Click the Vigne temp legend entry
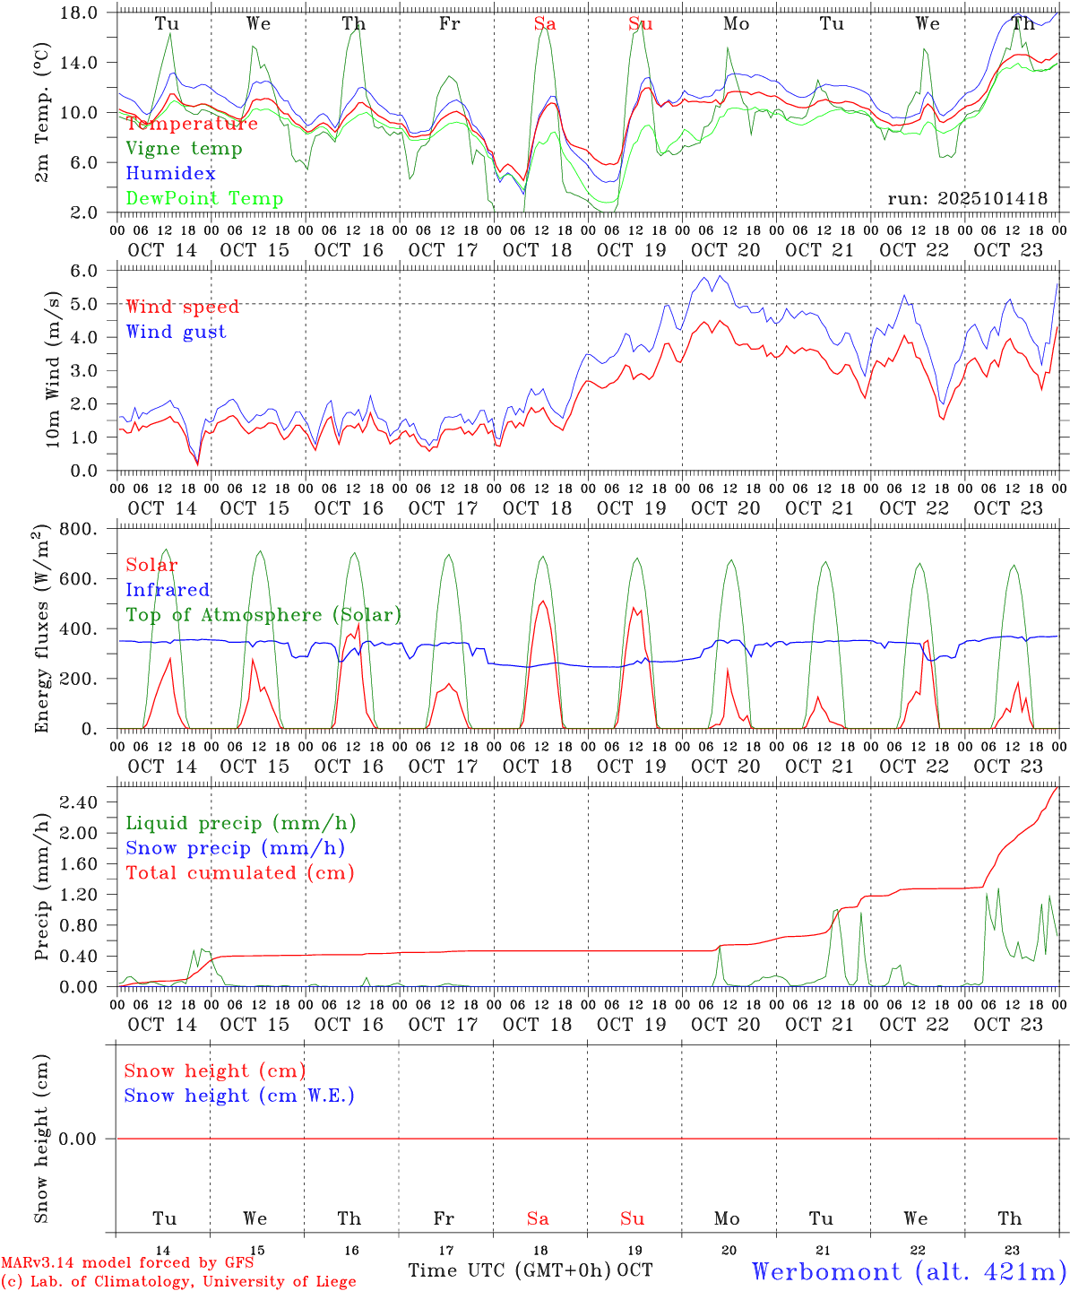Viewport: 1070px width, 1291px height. pyautogui.click(x=184, y=149)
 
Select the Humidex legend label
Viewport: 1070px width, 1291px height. pyautogui.click(x=170, y=174)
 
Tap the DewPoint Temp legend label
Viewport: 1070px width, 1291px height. pyautogui.click(x=204, y=199)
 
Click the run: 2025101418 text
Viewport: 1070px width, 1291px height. pyautogui.click(x=967, y=199)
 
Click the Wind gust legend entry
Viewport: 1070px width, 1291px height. pyautogui.click(x=176, y=332)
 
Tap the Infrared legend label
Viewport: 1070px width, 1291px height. pyautogui.click(x=168, y=590)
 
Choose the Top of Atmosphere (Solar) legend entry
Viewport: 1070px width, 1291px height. pyautogui.click(x=263, y=615)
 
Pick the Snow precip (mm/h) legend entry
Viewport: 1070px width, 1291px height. pyautogui.click(x=235, y=848)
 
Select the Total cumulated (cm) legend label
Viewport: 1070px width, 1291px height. pyautogui.click(x=239, y=873)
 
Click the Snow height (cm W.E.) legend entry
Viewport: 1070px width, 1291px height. pyautogui.click(x=239, y=1096)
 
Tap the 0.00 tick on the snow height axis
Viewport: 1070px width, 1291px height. pyautogui.click(x=90, y=1139)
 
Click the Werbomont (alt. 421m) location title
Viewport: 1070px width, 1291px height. pyautogui.click(x=909, y=1271)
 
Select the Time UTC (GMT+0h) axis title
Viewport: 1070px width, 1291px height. pyautogui.click(x=510, y=1270)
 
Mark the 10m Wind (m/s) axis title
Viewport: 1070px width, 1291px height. pyautogui.click(x=53, y=368)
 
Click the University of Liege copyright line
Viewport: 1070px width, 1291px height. pyautogui.click(x=178, y=1282)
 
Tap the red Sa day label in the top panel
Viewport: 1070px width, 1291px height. pyautogui.click(x=545, y=24)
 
